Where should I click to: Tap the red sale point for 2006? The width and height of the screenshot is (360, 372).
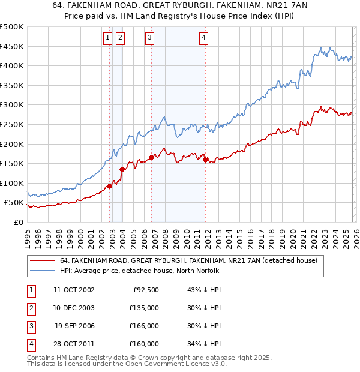pos(151,157)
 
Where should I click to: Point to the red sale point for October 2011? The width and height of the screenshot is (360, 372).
pos(205,160)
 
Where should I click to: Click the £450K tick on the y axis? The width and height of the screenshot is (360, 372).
pos(12,46)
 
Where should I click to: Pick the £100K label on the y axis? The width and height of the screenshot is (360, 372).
pos(12,183)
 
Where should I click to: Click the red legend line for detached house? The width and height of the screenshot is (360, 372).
pos(43,261)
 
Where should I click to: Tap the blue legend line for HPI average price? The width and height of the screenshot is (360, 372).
pos(43,271)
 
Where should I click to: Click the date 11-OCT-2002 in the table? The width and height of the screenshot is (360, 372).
pos(74,290)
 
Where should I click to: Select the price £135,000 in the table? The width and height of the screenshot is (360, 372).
pos(144,308)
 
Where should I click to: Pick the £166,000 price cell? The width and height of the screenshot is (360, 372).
pos(144,326)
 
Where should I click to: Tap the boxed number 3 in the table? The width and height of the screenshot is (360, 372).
pos(31,326)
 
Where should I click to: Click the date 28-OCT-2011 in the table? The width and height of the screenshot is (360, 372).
pos(74,344)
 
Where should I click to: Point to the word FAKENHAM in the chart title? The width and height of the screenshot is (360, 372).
pos(116,6)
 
